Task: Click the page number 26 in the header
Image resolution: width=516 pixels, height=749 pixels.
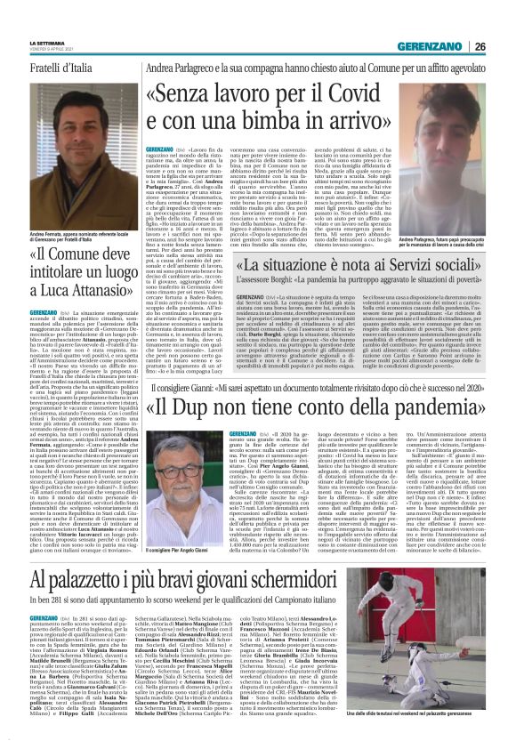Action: click(504, 47)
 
